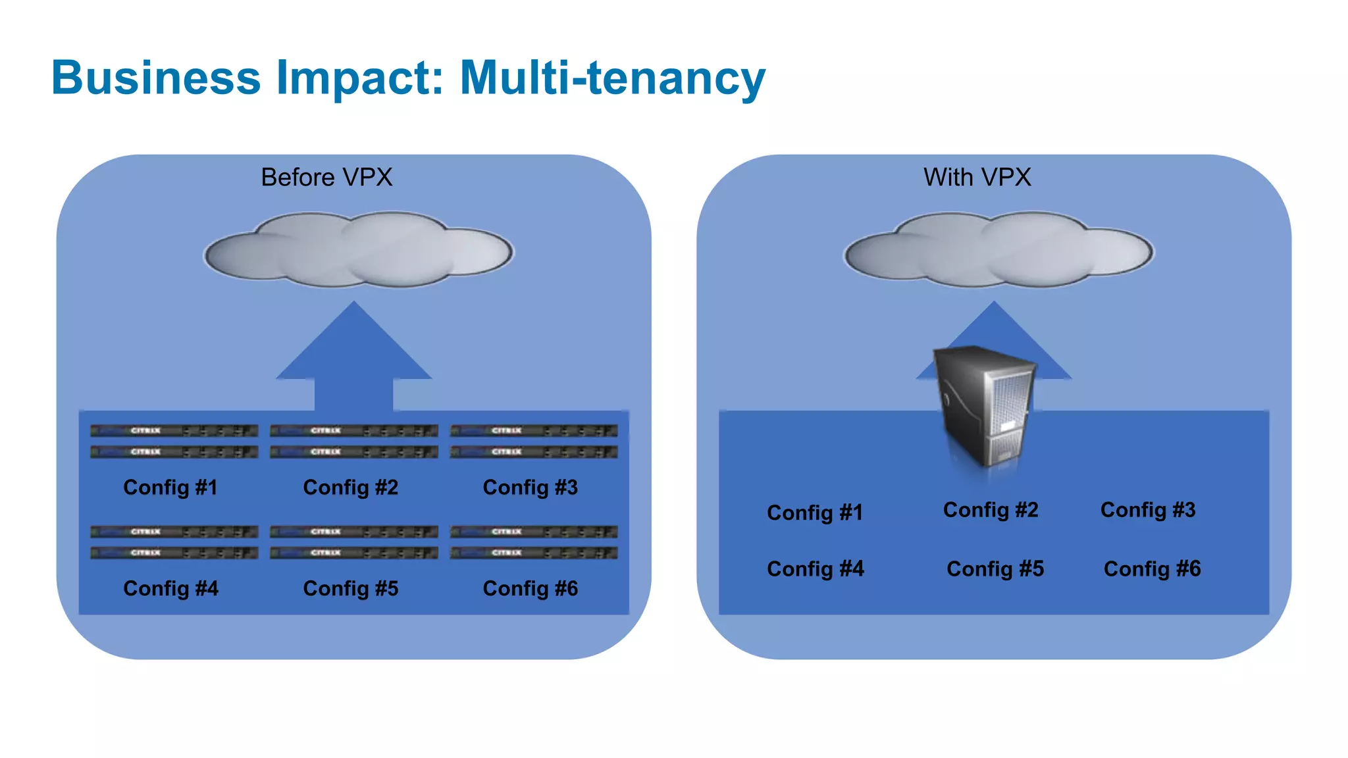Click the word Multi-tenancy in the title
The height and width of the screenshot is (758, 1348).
612,78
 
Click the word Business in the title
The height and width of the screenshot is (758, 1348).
156,78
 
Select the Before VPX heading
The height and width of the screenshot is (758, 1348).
326,178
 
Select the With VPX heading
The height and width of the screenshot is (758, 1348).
977,178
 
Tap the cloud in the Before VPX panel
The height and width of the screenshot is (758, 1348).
358,250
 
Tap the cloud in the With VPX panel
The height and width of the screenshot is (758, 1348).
998,250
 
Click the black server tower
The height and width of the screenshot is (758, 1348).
985,405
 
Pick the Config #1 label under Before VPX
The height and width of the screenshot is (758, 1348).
170,488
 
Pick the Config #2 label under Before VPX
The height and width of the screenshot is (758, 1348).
350,488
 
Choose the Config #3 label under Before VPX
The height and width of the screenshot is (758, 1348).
530,488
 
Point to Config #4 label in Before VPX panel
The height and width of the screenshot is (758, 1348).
170,588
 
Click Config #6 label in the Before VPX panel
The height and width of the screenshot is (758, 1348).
530,588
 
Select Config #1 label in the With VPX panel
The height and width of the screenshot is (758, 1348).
814,513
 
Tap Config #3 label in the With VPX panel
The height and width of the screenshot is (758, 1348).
1148,510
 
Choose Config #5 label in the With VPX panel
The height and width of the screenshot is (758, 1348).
995,569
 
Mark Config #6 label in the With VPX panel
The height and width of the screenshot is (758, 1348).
1152,569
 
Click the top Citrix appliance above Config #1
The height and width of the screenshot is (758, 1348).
174,431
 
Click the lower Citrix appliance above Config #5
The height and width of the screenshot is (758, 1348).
353,553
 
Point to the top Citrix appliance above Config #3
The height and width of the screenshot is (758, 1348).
534,431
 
